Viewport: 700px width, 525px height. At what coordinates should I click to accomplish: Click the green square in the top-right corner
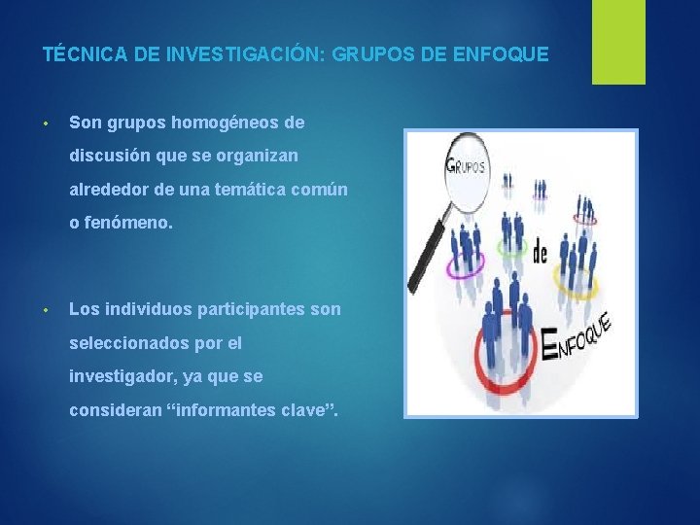tap(619, 42)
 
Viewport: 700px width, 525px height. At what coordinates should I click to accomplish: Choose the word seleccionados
tap(128, 342)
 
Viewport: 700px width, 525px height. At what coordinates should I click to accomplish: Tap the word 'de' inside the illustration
tap(540, 253)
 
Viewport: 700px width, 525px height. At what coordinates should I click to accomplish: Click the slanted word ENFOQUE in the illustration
tap(577, 335)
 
